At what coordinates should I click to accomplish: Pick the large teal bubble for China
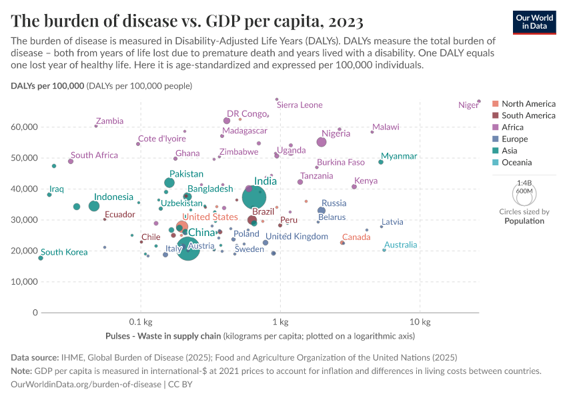click(189, 251)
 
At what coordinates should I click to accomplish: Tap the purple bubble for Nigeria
click(322, 142)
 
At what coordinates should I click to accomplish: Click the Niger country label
click(468, 105)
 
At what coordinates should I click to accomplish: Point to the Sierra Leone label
click(300, 105)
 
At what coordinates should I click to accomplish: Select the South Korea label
click(64, 253)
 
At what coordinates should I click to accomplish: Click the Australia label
click(401, 245)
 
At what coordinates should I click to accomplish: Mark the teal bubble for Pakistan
click(169, 183)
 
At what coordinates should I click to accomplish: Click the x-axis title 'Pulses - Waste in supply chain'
click(163, 336)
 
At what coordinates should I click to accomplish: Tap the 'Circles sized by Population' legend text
click(524, 217)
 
